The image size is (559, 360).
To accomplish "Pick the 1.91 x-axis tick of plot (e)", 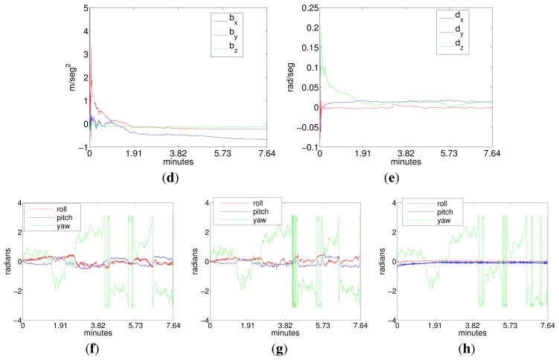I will click(362, 155).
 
